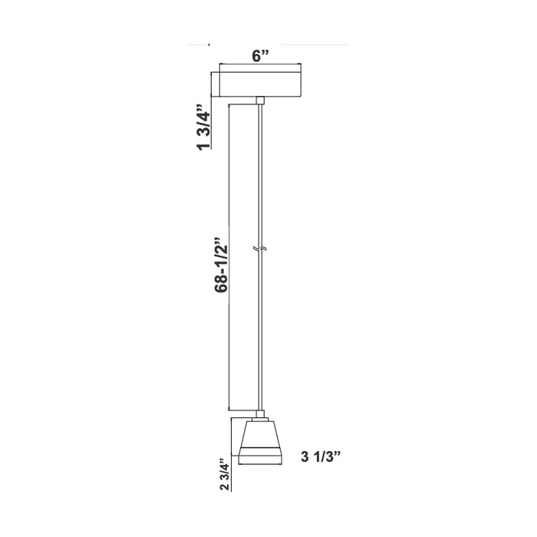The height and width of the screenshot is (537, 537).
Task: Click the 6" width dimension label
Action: click(x=262, y=55)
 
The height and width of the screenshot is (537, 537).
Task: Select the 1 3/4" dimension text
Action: click(x=204, y=128)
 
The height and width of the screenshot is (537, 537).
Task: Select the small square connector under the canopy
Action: click(x=261, y=100)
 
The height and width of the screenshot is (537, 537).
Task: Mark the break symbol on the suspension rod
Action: click(x=261, y=251)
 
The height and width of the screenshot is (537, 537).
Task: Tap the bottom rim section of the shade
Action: click(x=259, y=460)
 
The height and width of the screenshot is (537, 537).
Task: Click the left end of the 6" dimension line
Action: click(x=221, y=64)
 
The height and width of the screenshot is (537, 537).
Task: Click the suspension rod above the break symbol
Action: click(x=261, y=176)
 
